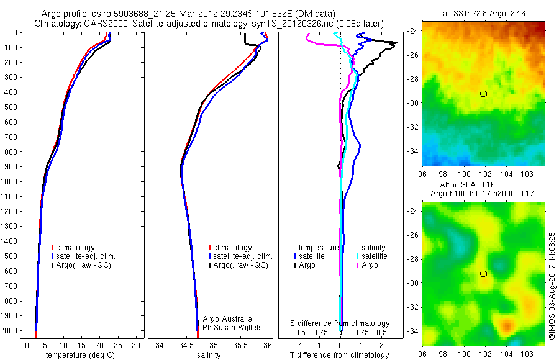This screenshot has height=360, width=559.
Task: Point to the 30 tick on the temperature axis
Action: coord(136,344)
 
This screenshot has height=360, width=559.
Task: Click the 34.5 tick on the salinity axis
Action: coord(186,344)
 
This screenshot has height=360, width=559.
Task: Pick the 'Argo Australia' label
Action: coord(228,318)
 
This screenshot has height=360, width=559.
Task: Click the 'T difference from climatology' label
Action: coord(340,355)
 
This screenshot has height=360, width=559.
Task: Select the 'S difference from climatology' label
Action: coord(340,323)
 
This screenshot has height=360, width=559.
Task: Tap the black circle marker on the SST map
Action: coord(483,93)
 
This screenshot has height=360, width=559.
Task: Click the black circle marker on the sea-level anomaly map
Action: coord(483,273)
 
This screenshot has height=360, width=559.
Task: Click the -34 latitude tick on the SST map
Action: coord(413,151)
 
